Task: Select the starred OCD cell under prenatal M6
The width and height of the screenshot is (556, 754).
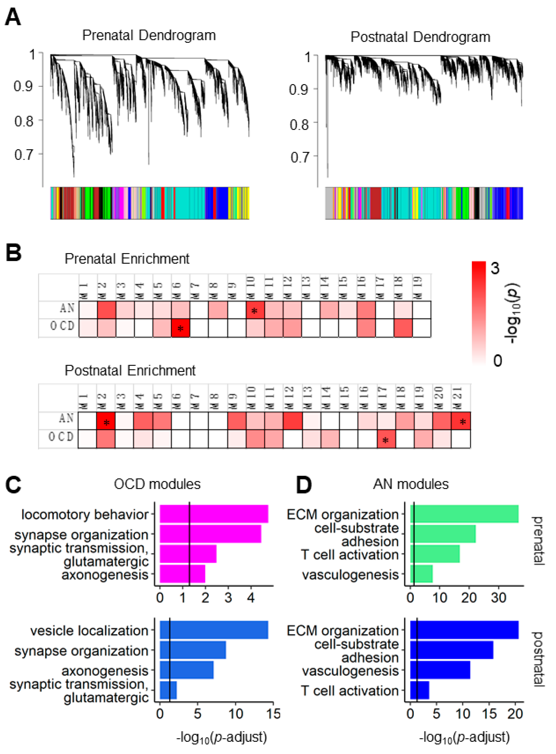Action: pos(180,328)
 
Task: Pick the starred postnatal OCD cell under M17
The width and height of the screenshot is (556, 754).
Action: pos(386,439)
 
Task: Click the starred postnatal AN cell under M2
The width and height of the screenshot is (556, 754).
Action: pos(106,421)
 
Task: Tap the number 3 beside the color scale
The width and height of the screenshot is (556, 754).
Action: pos(495,269)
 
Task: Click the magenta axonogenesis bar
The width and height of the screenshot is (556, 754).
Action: pos(182,574)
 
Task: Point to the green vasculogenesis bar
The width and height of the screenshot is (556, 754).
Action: pos(421,574)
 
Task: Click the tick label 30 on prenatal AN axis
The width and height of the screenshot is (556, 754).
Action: pos(498,598)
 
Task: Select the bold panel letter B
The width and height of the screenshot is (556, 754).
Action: pos(13,253)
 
